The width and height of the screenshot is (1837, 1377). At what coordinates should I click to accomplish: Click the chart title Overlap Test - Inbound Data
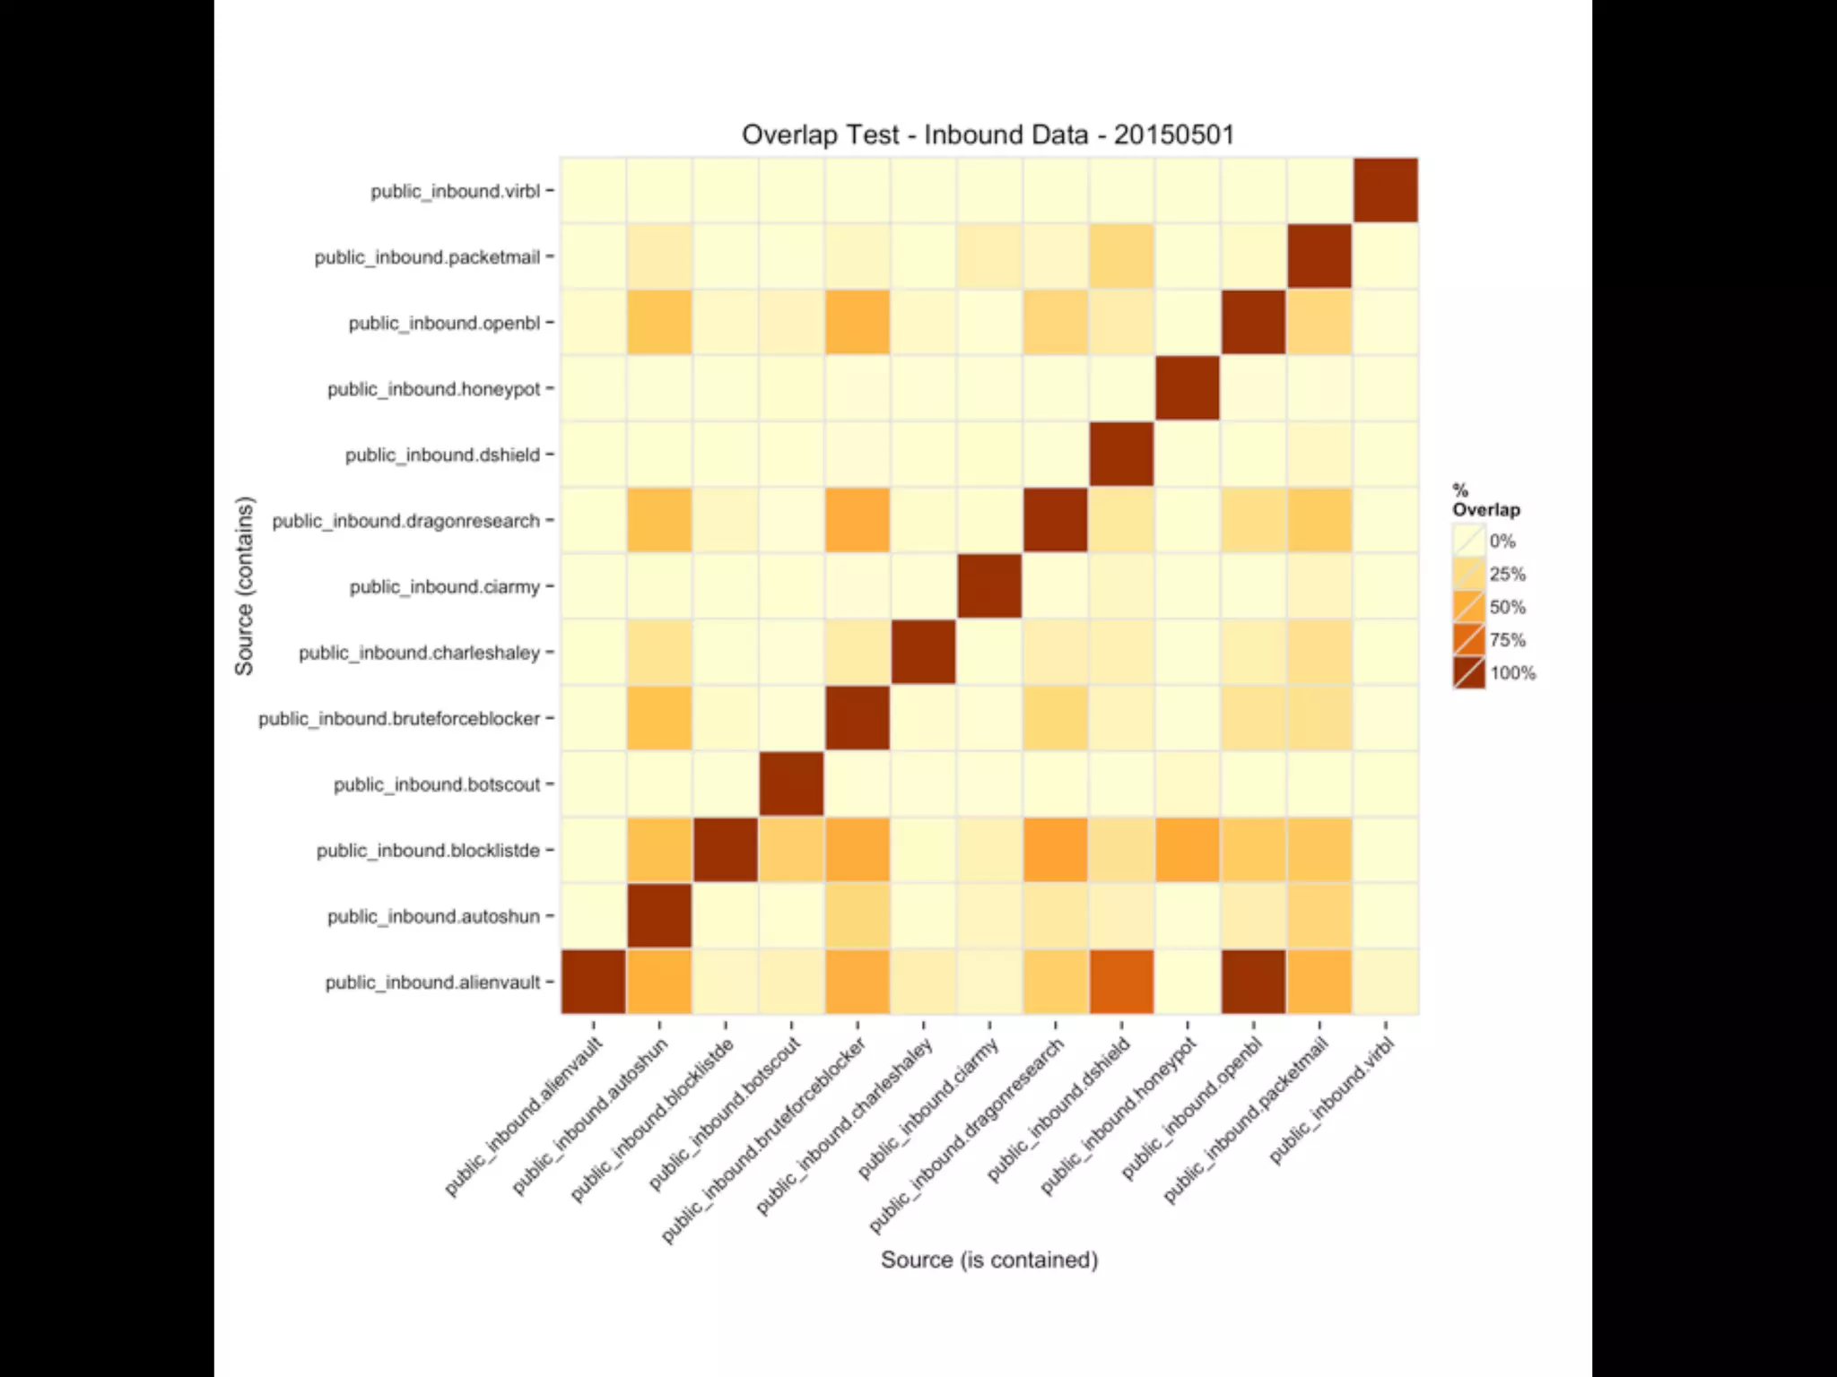pos(988,134)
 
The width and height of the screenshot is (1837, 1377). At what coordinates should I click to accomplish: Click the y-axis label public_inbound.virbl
pos(456,191)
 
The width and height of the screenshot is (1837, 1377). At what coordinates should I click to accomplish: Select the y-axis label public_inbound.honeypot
pos(433,389)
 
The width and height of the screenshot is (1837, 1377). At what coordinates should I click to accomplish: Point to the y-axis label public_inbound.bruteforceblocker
pos(399,719)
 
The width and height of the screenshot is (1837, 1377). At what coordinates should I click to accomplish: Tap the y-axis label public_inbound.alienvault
pos(432,983)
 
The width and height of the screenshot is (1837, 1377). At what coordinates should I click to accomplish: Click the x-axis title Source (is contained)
pos(988,1260)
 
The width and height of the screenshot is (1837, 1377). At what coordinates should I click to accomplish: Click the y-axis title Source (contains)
pos(244,585)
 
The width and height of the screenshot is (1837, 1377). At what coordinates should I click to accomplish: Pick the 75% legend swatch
pos(1469,640)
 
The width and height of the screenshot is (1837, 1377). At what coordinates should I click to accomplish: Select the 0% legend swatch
pos(1469,541)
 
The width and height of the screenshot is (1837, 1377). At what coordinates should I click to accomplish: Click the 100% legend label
pos(1512,673)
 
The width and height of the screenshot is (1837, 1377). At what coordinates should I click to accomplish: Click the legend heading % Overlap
pos(1484,500)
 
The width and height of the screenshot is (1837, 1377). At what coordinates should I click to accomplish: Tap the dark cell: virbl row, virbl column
pos(1386,190)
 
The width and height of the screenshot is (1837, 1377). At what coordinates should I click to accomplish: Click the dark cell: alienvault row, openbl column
pos(1253,982)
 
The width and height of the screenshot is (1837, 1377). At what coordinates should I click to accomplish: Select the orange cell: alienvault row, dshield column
pos(1121,982)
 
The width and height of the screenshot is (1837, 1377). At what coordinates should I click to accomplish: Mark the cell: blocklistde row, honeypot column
pos(1188,850)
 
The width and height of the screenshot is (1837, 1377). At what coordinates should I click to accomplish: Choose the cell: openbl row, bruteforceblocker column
pos(858,323)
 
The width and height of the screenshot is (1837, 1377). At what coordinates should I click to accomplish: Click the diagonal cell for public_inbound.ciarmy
pos(989,586)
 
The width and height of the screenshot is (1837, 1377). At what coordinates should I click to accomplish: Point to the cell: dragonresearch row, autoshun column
pos(659,520)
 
